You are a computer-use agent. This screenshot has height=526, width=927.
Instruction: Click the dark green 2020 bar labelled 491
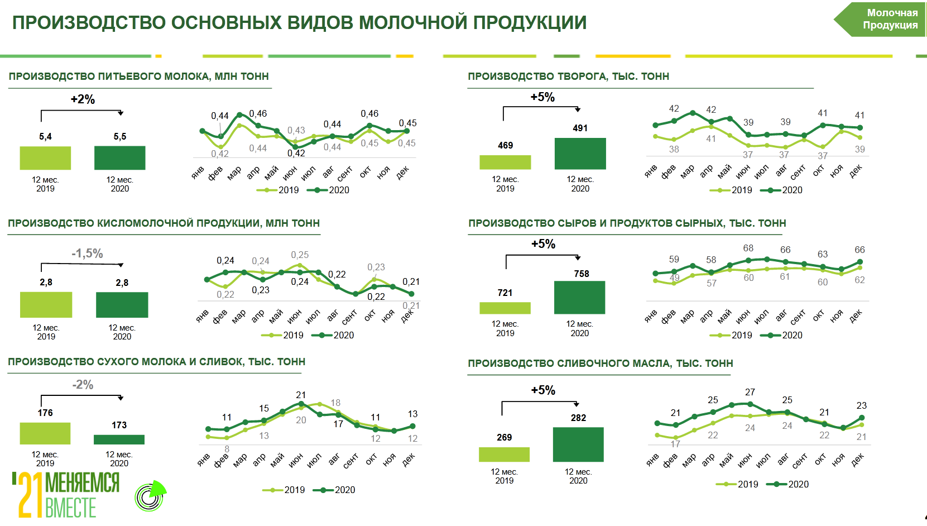[580, 154]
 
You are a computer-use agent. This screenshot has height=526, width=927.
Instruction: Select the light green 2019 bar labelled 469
[505, 162]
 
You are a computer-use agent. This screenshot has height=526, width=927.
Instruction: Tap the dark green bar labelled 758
[579, 297]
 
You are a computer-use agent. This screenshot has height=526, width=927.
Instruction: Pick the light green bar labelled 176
[45, 433]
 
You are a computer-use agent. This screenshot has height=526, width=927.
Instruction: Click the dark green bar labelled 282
[578, 444]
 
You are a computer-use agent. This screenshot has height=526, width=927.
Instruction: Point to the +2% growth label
[83, 99]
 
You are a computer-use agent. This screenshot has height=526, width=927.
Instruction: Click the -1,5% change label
[87, 254]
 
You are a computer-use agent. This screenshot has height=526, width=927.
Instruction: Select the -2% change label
[83, 385]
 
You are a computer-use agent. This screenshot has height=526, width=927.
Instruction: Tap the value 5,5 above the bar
[120, 137]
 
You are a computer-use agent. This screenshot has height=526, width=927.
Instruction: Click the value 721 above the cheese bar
[505, 293]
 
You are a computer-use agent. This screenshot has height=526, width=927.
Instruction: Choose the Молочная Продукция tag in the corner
[890, 19]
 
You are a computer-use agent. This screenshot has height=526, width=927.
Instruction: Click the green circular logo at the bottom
[150, 496]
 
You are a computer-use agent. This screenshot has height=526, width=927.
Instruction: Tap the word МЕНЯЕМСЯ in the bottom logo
[82, 482]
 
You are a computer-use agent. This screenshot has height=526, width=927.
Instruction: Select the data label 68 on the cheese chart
[748, 248]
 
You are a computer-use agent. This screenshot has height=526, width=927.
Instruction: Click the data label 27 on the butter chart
[750, 392]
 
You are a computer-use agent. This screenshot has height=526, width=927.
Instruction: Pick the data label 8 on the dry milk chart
[227, 449]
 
